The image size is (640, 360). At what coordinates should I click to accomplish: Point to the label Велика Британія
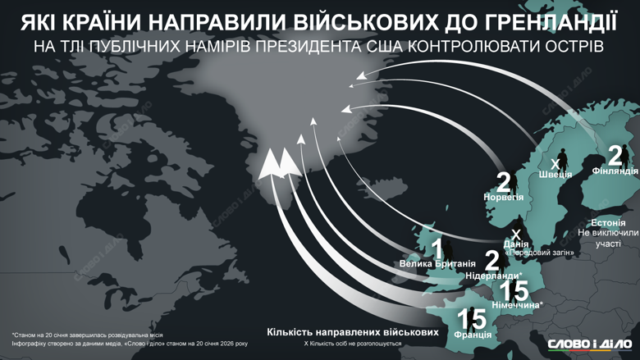coord(437,265)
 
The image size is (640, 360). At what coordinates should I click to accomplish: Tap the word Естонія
coord(607,223)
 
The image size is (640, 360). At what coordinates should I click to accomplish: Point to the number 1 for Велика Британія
coord(437,248)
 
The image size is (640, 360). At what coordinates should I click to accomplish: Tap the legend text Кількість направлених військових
coord(352,332)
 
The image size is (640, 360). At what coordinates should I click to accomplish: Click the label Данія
coord(517,244)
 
